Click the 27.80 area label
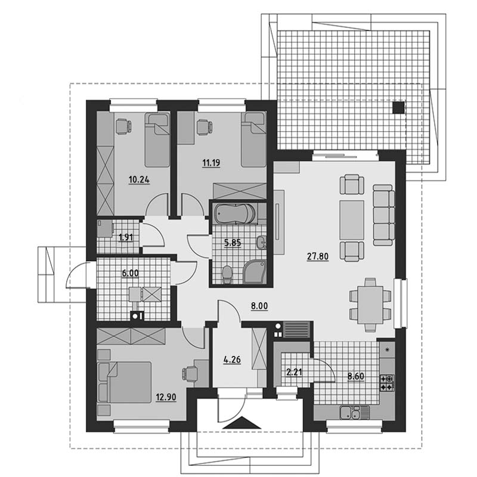pos(318,257)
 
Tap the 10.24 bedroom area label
pos(139,180)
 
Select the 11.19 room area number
pos(211,163)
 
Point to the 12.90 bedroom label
pos(166,397)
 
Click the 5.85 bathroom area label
pos(233,243)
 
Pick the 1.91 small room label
pos(126,237)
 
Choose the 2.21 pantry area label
pos(294,372)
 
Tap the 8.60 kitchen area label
pos(355,377)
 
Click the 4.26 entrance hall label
pos(232,360)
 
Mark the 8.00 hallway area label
pos(259,306)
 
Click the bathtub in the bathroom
pos(234,213)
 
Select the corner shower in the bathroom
pos(255,272)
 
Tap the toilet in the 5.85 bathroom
pos(227,274)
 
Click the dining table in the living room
pos(370,305)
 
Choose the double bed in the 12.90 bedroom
pos(124,382)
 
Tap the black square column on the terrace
pos(398,108)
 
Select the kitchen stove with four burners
pos(387,383)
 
